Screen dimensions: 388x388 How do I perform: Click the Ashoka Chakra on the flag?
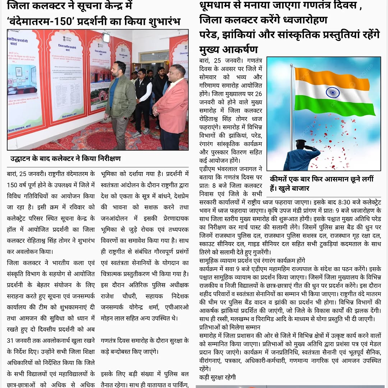coord(333,92)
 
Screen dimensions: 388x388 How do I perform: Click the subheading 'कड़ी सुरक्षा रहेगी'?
coord(217,377)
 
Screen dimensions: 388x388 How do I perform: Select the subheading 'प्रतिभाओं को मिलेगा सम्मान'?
coord(230,327)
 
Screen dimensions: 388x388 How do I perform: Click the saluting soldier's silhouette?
coord(301,156)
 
